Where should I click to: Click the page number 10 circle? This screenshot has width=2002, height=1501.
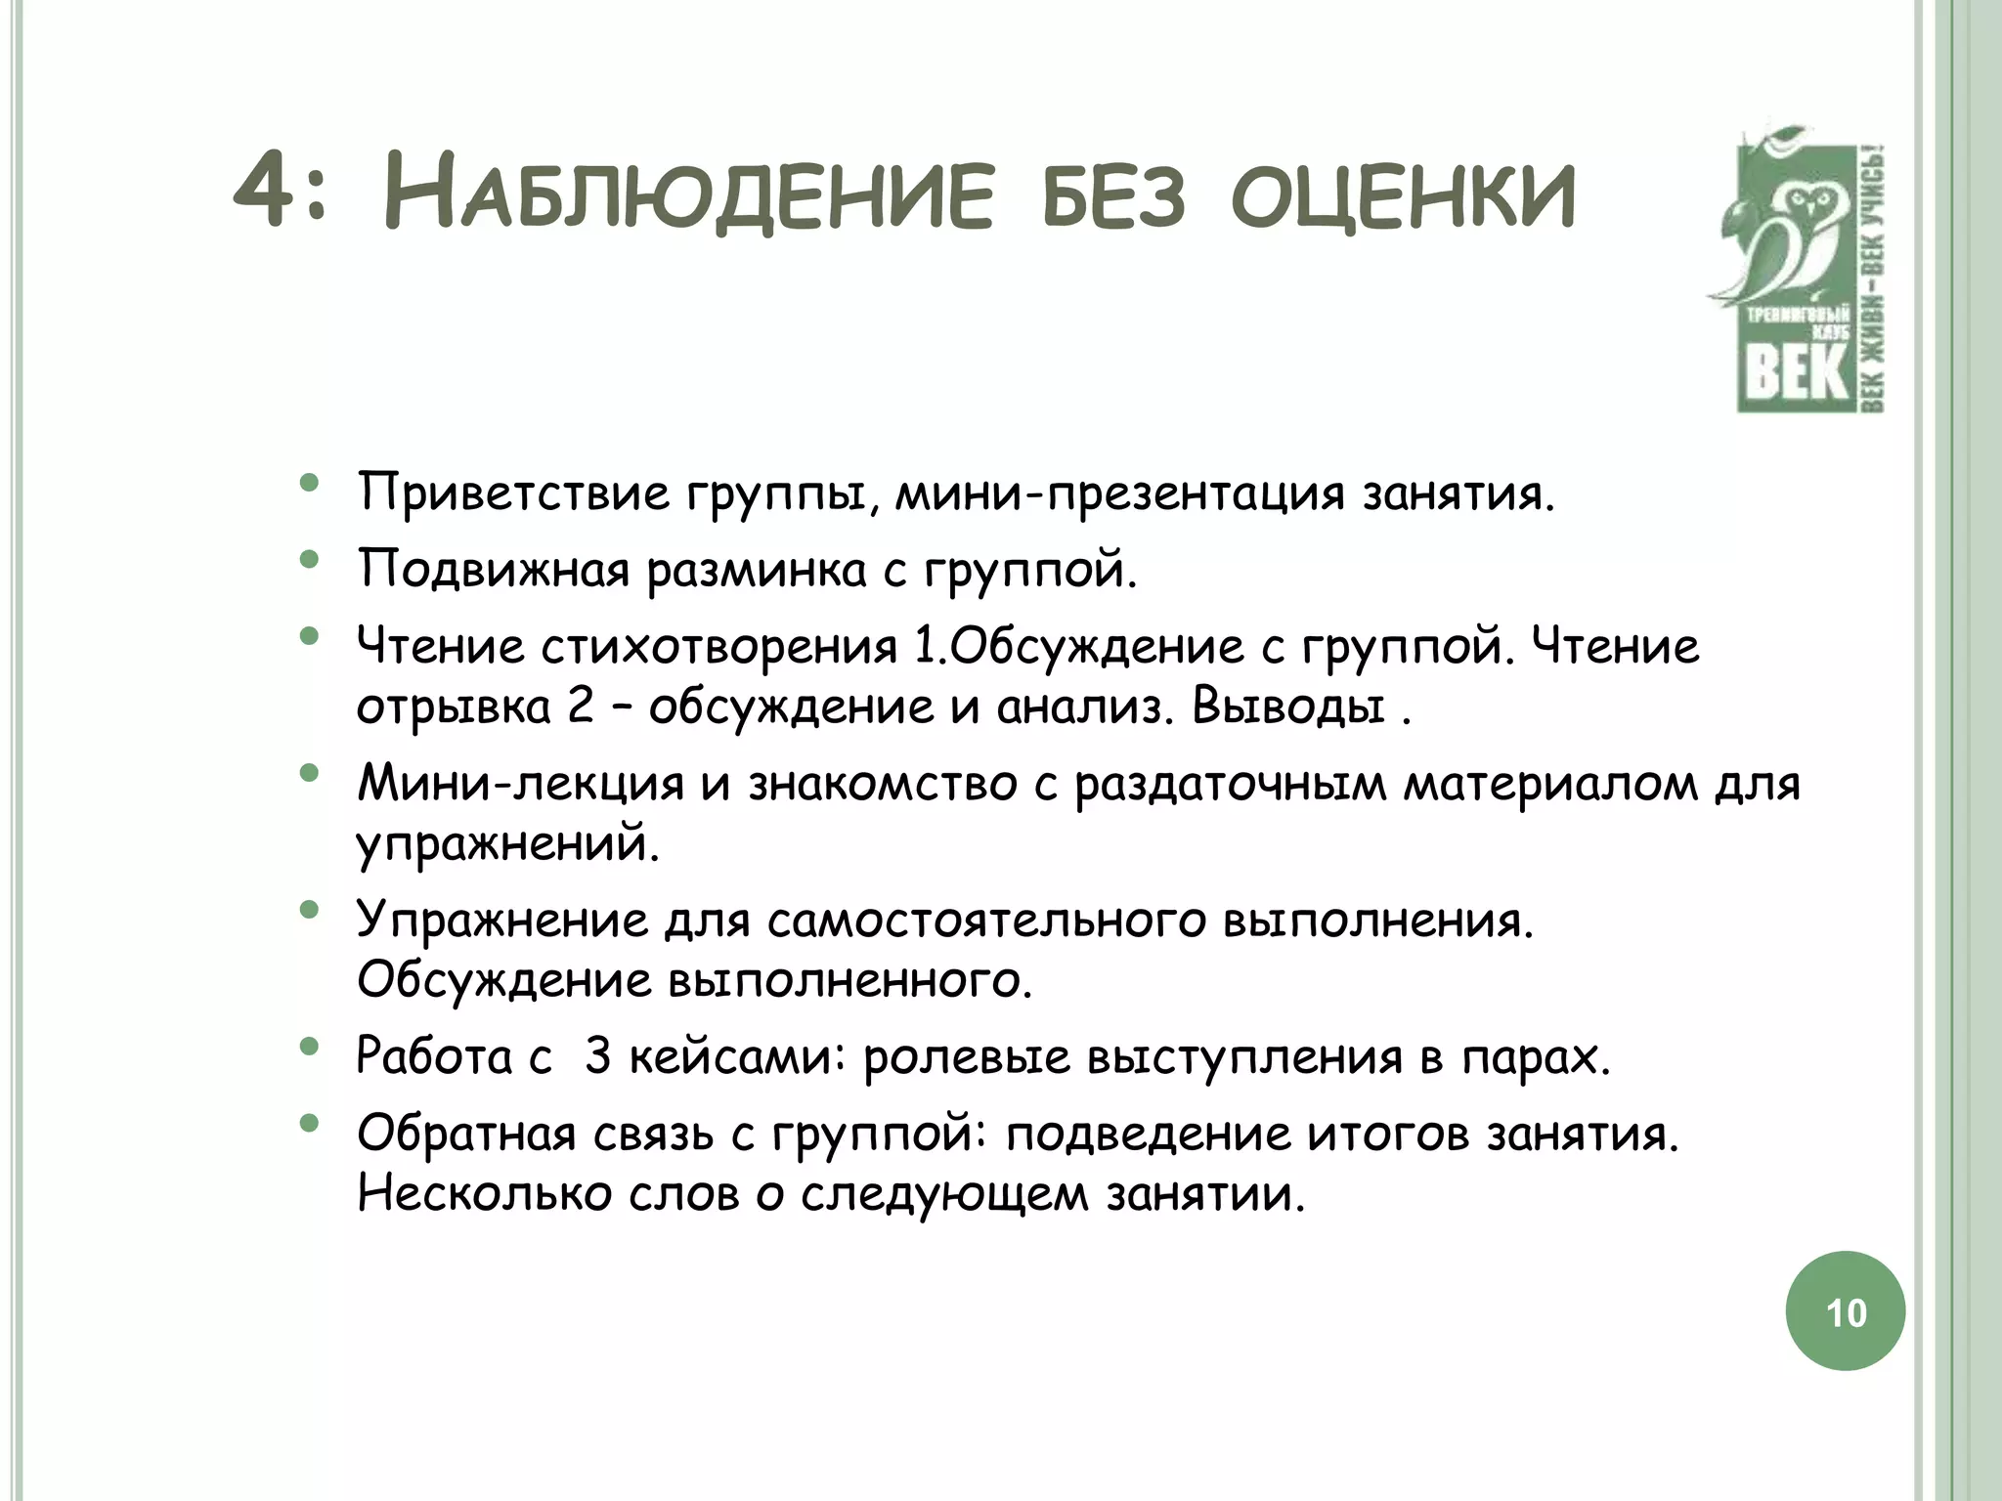(x=1846, y=1312)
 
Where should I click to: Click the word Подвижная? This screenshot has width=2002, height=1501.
(x=494, y=569)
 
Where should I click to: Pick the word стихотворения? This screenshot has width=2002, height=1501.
(x=718, y=647)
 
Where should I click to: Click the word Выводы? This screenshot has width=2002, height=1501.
(x=1288, y=707)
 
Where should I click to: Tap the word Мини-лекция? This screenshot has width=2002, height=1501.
(x=520, y=784)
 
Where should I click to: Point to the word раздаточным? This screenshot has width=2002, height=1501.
(x=1231, y=784)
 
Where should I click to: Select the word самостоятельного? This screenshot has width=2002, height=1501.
(x=986, y=921)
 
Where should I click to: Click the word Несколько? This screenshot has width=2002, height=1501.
(x=484, y=1194)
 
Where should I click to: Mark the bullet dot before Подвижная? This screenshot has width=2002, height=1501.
(x=310, y=561)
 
